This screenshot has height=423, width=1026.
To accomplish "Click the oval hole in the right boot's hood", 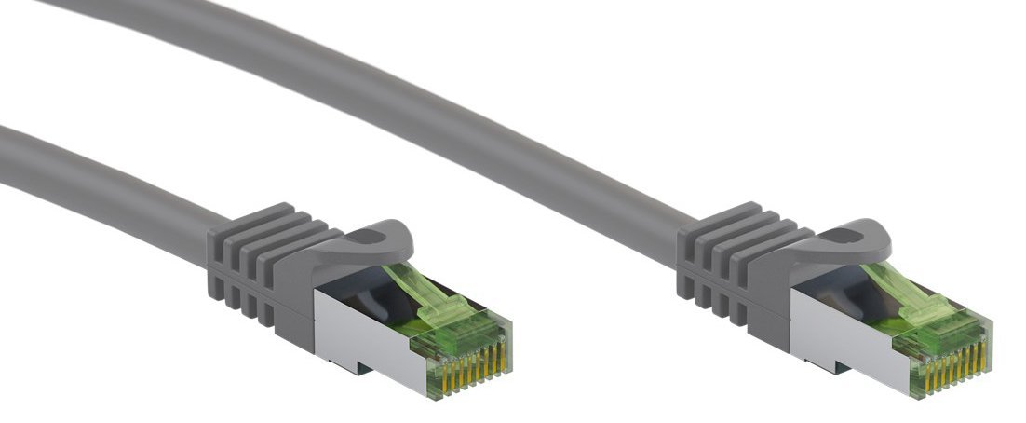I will [854, 239].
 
